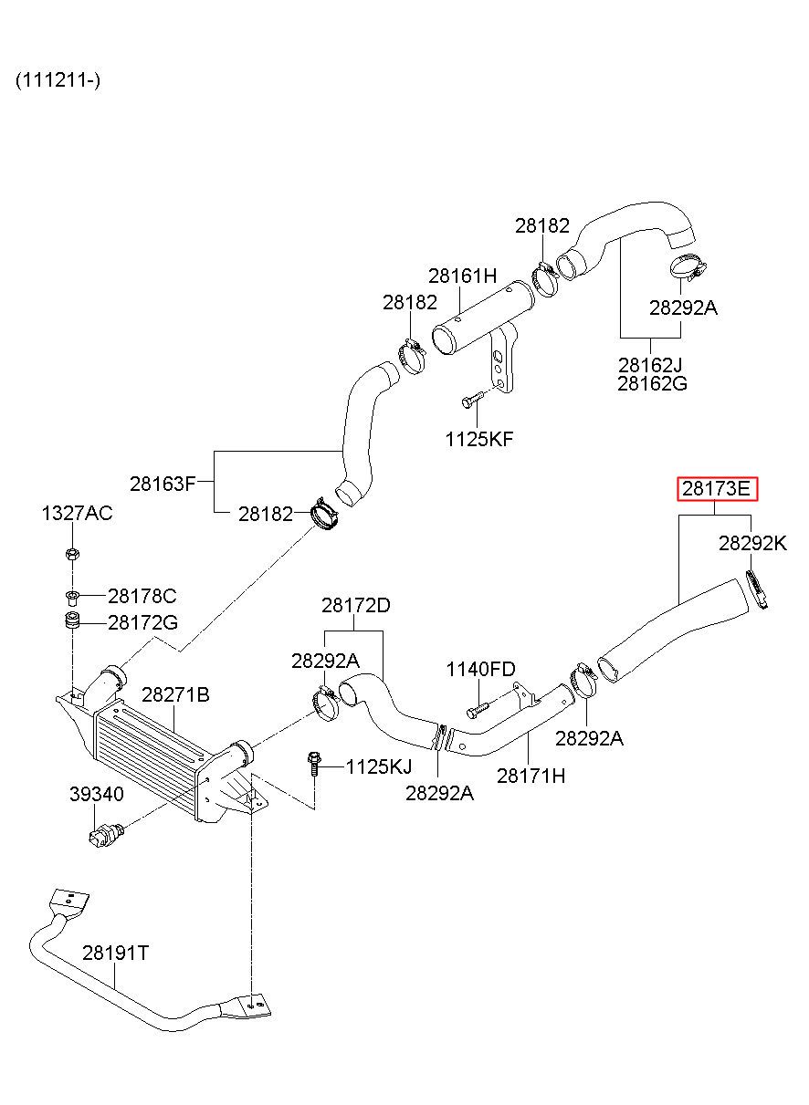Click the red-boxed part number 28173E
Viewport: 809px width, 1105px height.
coord(716,489)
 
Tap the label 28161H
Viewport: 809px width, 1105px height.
coord(463,276)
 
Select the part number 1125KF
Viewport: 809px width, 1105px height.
coord(479,439)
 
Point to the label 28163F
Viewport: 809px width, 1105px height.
coord(163,484)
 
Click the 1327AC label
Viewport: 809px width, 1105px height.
coord(77,513)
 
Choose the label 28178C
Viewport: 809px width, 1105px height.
coord(142,596)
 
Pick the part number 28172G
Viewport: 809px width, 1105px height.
coord(142,622)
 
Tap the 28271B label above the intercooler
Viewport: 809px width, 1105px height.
coord(175,694)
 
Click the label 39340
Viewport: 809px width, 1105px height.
coord(96,794)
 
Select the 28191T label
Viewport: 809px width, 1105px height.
coord(115,953)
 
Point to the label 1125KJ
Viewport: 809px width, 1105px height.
coord(379,766)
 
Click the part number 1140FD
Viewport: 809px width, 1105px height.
coord(481,670)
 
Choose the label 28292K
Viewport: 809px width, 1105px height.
coord(752,544)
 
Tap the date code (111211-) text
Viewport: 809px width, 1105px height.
coord(58,80)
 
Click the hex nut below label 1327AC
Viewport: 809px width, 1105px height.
coord(72,554)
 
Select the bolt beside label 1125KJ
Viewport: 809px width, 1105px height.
coord(313,765)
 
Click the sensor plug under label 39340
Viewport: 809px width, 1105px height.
coord(106,834)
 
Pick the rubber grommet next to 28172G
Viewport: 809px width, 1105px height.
coord(73,620)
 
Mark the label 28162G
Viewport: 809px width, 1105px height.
coord(652,383)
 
